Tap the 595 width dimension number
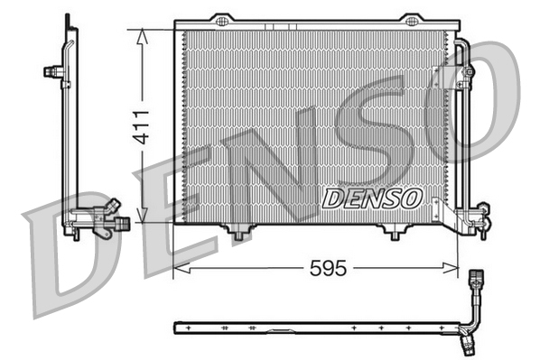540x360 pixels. (x=328, y=268)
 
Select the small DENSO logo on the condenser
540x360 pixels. (x=371, y=197)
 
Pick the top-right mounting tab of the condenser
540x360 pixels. (x=411, y=20)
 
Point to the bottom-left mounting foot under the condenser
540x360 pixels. (x=238, y=234)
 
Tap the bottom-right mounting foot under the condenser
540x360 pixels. (x=394, y=234)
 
